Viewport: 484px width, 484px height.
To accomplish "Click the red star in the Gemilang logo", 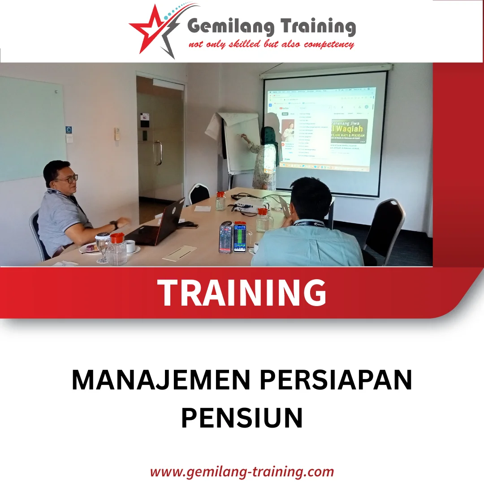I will (148, 28).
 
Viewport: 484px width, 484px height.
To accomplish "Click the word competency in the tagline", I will (328, 44).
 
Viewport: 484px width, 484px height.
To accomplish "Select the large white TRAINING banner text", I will (242, 293).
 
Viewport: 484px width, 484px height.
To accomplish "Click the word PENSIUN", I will (242, 417).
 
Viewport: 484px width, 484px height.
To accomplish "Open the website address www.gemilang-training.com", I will (242, 471).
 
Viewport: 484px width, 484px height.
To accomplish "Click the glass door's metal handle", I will (157, 153).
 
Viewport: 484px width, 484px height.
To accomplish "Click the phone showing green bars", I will (240, 238).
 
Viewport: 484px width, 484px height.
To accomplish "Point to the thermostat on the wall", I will (117, 134).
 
